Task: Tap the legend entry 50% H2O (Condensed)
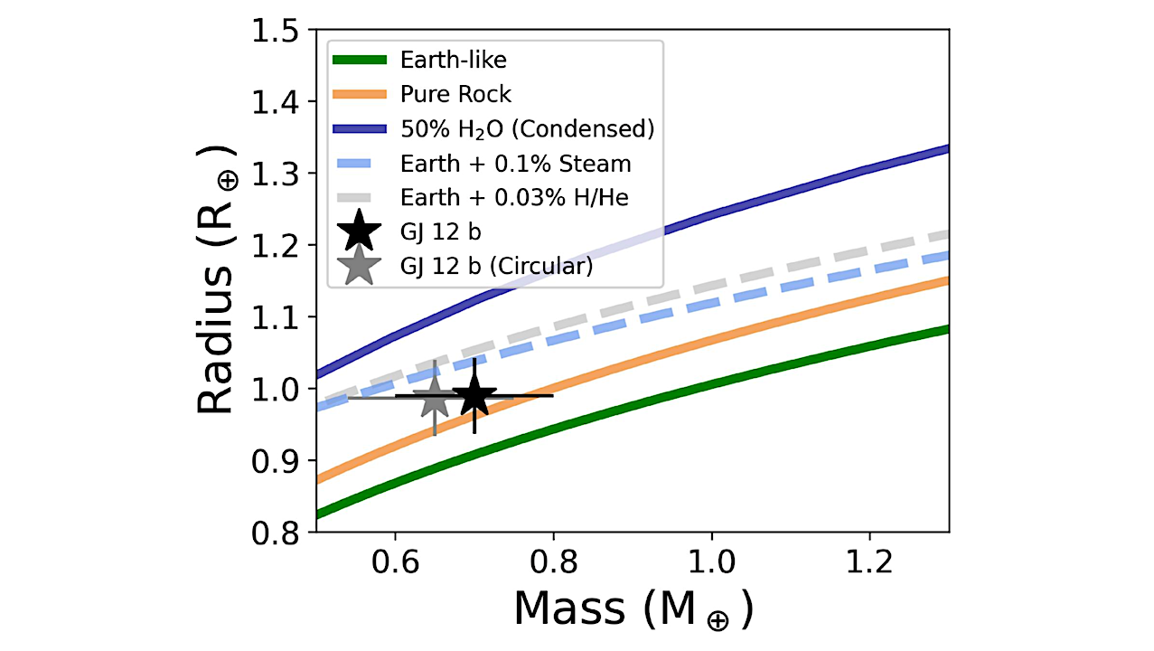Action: click(525, 128)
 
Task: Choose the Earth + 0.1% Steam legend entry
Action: click(515, 164)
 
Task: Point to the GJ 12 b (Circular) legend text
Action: click(495, 266)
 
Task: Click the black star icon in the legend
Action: click(360, 231)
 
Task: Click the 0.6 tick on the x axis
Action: click(395, 564)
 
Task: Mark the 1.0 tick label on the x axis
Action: click(711, 564)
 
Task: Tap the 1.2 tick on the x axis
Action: click(869, 564)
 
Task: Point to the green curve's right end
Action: click(947, 329)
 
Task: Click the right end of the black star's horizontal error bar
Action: click(552, 395)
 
